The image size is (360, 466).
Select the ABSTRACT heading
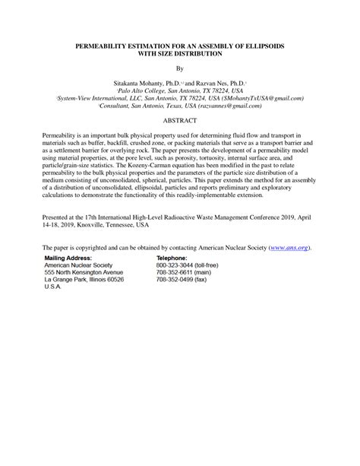(x=179, y=121)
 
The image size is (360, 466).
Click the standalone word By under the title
(x=180, y=68)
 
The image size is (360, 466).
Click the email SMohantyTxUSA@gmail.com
(x=265, y=98)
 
